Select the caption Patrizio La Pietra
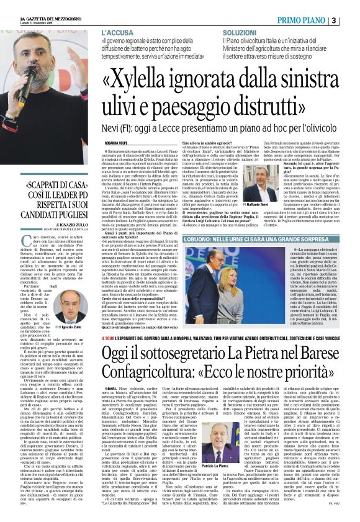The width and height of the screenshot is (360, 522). (x=215, y=466)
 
